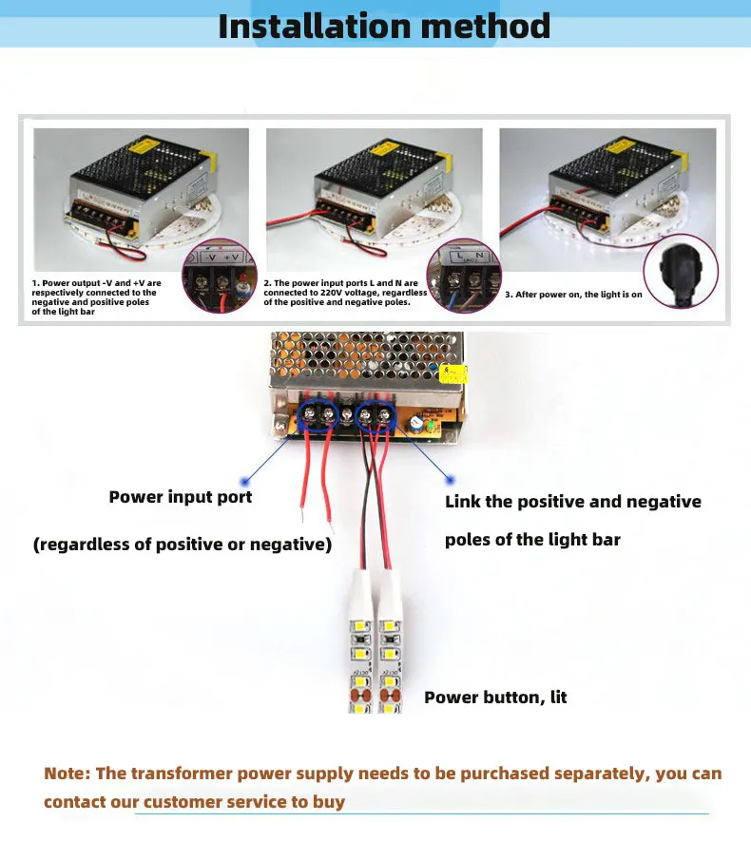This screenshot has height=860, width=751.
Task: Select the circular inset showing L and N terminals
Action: coord(465,276)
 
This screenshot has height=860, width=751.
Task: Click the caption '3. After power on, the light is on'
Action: coord(573,295)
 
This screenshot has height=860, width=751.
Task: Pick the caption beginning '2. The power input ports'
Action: coord(345,293)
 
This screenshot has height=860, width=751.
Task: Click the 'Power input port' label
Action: coord(181,497)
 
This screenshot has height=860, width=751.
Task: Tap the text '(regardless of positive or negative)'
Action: coord(183,545)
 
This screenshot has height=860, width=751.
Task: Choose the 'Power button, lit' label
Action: coord(495,698)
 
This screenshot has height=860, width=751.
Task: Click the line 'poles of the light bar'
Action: coord(532,540)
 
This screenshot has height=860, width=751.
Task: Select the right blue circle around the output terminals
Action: coord(376,414)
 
